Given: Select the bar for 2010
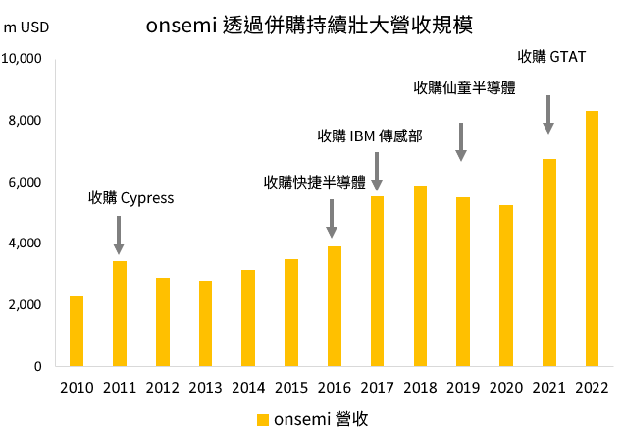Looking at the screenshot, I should tap(76, 331).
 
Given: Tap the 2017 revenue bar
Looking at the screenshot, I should tap(377, 281).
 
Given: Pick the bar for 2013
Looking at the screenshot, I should tap(205, 323).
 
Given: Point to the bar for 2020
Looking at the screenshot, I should tap(505, 286).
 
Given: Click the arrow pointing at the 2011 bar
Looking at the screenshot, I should tap(119, 235).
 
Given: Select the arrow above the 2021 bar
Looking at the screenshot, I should tap(548, 114).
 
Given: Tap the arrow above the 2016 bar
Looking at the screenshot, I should tap(333, 218).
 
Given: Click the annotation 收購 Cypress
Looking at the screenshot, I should tap(130, 198).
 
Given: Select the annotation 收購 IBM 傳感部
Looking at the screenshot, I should tap(370, 136).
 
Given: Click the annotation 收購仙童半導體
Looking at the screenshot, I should tap(464, 88).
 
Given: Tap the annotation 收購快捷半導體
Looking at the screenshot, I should tap(314, 182).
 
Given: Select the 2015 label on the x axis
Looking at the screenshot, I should tap(290, 388).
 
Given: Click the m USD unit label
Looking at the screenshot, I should tap(26, 27).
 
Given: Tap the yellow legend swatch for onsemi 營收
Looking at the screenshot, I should tap(262, 419).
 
